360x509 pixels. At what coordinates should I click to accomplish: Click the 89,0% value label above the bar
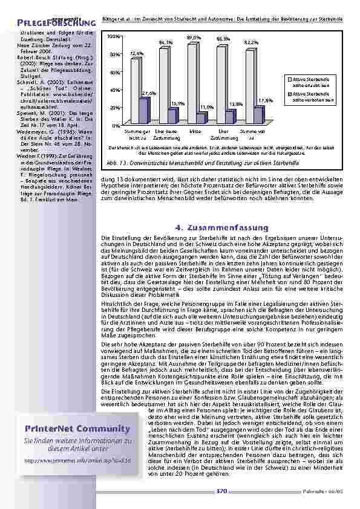(x=194, y=38)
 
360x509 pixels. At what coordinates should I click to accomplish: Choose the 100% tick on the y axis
(x=113, y=37)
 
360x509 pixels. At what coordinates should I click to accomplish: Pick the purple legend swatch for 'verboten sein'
(x=289, y=96)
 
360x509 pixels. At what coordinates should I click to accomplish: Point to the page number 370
(x=221, y=491)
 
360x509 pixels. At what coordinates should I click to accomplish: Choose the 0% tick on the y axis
(x=116, y=125)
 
